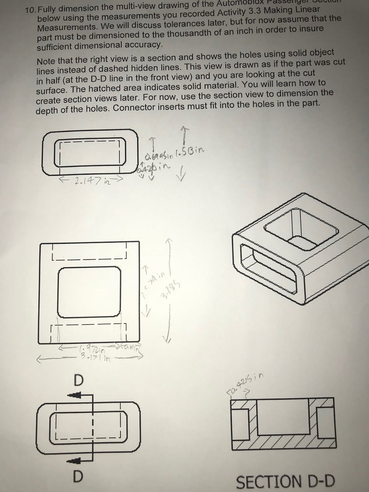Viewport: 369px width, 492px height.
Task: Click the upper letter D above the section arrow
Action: click(x=79, y=380)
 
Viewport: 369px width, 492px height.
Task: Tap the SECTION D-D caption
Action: click(x=285, y=482)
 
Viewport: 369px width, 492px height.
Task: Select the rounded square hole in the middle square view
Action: click(x=89, y=292)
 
